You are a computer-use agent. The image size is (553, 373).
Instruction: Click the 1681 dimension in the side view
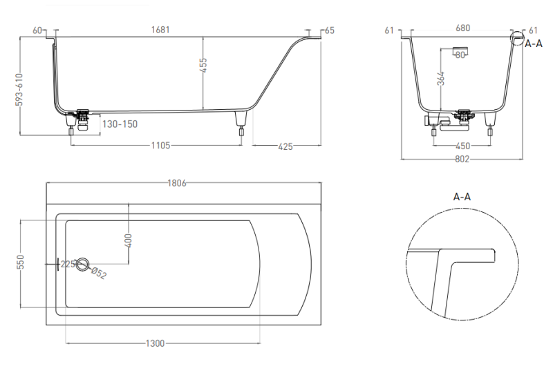point(160,30)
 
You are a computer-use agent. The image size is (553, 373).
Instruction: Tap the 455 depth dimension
point(203,65)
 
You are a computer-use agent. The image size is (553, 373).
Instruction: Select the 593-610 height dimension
point(19,89)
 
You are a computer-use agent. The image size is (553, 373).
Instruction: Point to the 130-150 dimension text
point(120,124)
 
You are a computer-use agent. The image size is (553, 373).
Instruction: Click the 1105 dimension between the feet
point(161,145)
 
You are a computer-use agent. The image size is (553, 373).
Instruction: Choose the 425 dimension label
point(285,146)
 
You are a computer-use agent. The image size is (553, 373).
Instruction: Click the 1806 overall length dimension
point(177,183)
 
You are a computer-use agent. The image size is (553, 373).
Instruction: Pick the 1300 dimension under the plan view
point(155,343)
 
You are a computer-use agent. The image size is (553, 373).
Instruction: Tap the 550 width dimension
point(21,262)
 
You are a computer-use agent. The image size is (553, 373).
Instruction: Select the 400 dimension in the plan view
point(129,240)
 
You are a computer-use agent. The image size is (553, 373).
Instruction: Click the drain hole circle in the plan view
point(82,264)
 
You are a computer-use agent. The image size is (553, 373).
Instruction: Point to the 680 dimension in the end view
point(462,28)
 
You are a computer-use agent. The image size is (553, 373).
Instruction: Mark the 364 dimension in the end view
point(441,79)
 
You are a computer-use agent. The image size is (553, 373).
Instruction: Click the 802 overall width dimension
point(462,159)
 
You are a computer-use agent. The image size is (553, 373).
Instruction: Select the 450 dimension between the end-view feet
point(462,146)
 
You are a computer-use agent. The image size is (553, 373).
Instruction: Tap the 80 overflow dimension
point(460,55)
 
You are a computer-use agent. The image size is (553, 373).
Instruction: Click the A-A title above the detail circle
point(462,196)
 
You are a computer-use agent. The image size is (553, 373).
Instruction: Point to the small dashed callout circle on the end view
point(518,39)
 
